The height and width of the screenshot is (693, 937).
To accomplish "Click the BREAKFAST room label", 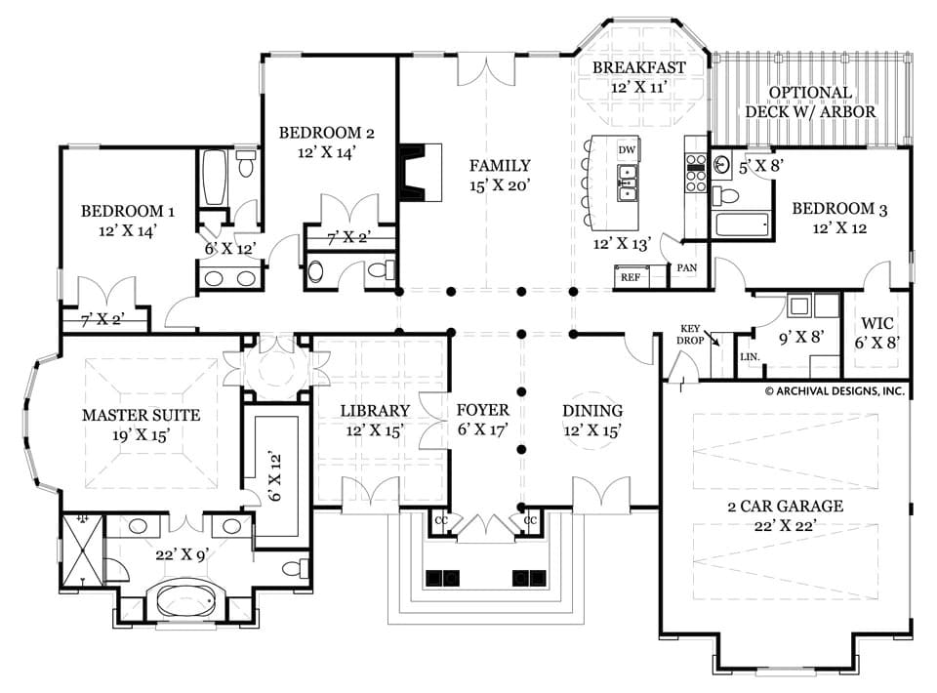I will click(639, 67).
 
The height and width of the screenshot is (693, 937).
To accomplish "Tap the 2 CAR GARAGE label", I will click(785, 507).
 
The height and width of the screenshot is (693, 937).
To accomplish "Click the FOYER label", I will click(483, 411).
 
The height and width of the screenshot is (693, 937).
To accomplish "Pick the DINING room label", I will click(592, 411).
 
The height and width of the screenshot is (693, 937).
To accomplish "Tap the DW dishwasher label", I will click(628, 149).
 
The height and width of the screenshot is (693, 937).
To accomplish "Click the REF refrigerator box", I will click(630, 277).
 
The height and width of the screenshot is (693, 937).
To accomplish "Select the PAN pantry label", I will click(686, 267).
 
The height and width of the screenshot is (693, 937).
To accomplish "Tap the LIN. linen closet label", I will click(750, 358).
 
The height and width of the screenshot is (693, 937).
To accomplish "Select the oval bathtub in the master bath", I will click(182, 596).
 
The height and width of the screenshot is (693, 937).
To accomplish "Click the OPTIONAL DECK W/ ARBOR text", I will click(810, 102).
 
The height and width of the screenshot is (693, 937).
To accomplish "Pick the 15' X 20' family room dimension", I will click(499, 184).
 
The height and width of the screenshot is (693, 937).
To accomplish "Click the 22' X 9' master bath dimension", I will click(182, 553).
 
